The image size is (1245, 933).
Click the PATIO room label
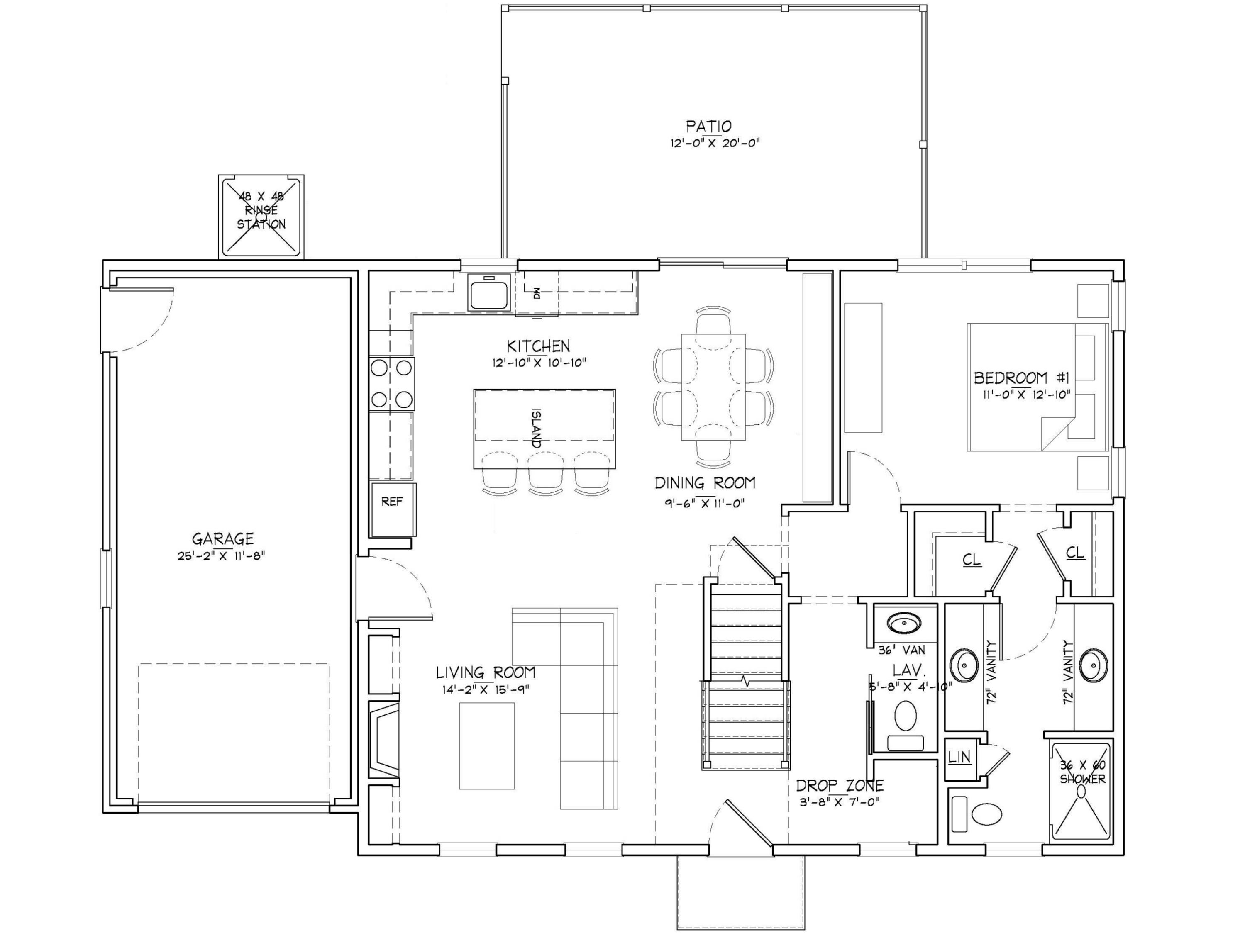pos(708,127)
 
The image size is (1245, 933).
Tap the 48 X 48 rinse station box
pos(261,217)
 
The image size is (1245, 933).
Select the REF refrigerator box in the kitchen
pos(392,502)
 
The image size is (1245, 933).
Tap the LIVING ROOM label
pos(485,672)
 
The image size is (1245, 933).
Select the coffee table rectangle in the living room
pos(487,745)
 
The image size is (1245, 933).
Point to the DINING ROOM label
pos(705,483)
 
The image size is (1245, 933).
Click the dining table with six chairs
pos(713,387)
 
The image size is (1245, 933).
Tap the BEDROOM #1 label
pos(1022,377)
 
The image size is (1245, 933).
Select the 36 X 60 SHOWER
pos(1082,791)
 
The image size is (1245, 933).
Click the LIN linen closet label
pos(959,758)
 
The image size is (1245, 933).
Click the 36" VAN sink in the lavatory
pos(904,623)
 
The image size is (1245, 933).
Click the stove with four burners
pos(392,383)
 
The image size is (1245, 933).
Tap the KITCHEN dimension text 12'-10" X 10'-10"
pos(539,363)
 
